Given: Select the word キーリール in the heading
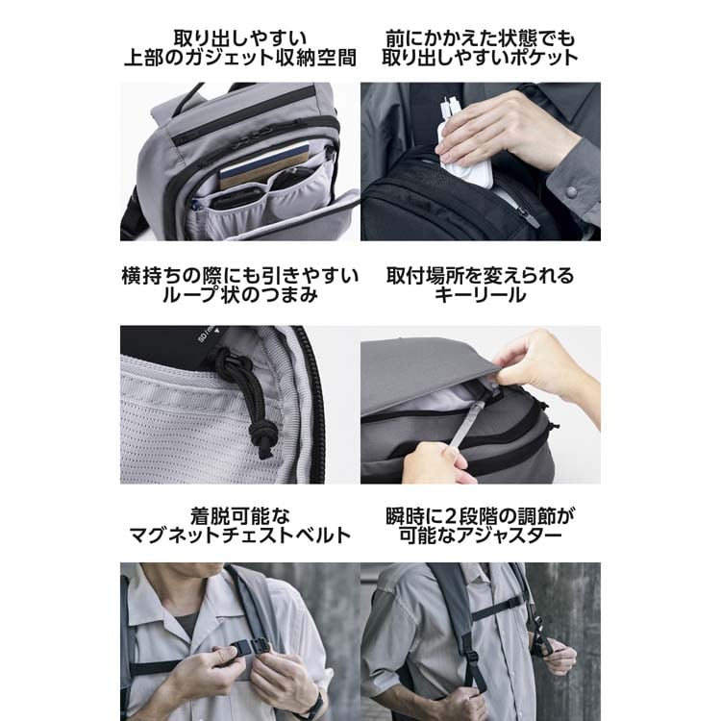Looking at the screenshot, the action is [480, 295].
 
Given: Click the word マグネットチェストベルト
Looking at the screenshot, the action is [240, 535].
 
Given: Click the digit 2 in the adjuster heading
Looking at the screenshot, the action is [451, 516].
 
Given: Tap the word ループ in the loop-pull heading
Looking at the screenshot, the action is [190, 295].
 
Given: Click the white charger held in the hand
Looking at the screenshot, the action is [464, 152].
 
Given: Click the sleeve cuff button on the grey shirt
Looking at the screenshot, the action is [572, 191].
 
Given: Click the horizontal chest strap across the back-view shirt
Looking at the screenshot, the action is [498, 608].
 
